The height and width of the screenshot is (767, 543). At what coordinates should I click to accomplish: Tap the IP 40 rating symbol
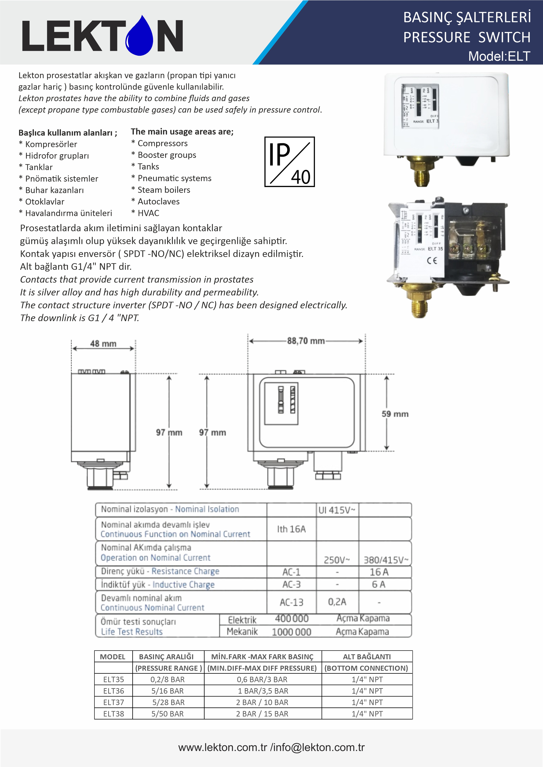point(290,162)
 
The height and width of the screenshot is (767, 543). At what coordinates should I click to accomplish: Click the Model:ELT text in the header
point(499,56)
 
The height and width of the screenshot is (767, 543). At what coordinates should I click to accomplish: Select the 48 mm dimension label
point(103,344)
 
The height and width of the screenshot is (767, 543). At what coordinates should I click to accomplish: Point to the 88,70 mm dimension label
point(306,341)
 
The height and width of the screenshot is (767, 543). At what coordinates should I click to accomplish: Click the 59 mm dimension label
point(395,414)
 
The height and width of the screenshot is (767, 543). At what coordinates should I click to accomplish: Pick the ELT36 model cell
point(114,691)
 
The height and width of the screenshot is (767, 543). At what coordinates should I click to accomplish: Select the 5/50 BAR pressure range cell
point(168,714)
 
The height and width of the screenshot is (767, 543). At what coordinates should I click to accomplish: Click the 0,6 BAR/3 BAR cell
point(262,679)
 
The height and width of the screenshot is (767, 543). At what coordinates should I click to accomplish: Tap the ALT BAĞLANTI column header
point(367,657)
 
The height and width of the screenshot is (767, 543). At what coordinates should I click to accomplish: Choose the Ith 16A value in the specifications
point(291,529)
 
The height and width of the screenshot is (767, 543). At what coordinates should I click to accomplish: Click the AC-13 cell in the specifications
point(291,602)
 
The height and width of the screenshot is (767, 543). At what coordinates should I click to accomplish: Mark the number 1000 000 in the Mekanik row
point(291,632)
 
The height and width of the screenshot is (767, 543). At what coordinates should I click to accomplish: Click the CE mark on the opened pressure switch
point(432,260)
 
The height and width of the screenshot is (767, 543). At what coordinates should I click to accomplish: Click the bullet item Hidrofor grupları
point(57,156)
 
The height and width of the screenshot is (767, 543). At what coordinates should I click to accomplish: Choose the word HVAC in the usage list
point(149,213)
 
